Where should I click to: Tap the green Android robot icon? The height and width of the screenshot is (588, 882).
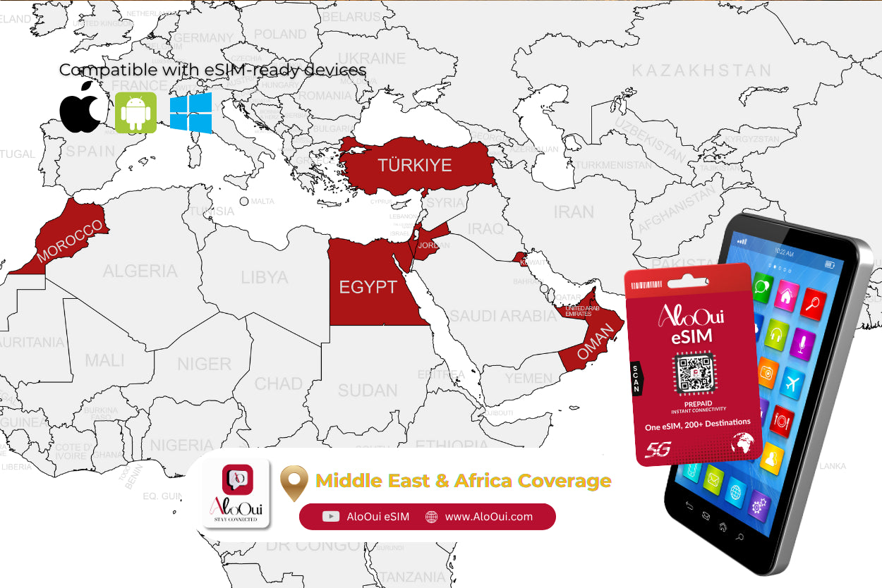[x=135, y=112]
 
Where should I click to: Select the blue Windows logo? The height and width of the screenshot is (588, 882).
[x=191, y=113]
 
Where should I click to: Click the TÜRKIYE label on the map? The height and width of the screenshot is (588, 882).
[x=414, y=165]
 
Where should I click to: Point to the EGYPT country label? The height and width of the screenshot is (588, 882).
[x=368, y=288]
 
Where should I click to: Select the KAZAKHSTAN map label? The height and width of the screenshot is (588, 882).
[x=701, y=71]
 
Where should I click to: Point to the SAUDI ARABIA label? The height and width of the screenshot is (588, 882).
[x=504, y=316]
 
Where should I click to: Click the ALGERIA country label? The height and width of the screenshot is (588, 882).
[x=140, y=271]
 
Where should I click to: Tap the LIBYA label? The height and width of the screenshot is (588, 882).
[x=265, y=277]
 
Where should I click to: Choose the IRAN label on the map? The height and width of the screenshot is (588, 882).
[x=574, y=212]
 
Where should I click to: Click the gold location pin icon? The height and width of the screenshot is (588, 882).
[x=294, y=482]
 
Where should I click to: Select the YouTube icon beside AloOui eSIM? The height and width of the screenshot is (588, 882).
[x=330, y=517]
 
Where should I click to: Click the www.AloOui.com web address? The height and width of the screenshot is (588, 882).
[x=488, y=517]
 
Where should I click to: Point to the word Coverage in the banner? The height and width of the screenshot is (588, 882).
[x=564, y=481]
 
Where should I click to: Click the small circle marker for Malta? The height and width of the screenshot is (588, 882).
[x=244, y=202]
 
